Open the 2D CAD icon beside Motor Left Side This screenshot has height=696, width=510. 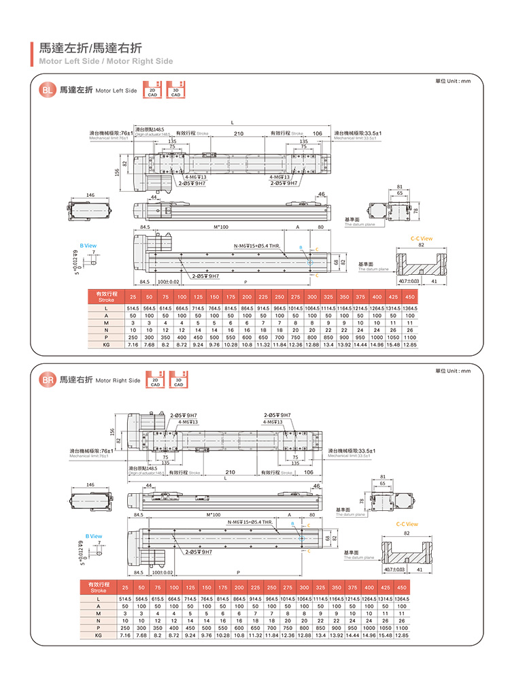(x=153, y=91)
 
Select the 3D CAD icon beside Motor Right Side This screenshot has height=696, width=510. (x=178, y=381)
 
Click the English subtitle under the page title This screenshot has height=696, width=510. (x=105, y=61)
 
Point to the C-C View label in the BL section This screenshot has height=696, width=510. (x=422, y=239)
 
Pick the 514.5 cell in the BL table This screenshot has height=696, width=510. (x=133, y=309)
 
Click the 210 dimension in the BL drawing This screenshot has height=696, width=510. (x=239, y=134)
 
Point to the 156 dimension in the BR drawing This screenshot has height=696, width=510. (x=112, y=430)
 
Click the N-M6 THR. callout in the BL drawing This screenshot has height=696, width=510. (x=257, y=246)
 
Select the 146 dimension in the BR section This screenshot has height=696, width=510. (x=90, y=484)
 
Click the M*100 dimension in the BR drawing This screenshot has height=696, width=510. (x=221, y=515)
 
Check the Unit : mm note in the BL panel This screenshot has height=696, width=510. (x=453, y=82)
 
